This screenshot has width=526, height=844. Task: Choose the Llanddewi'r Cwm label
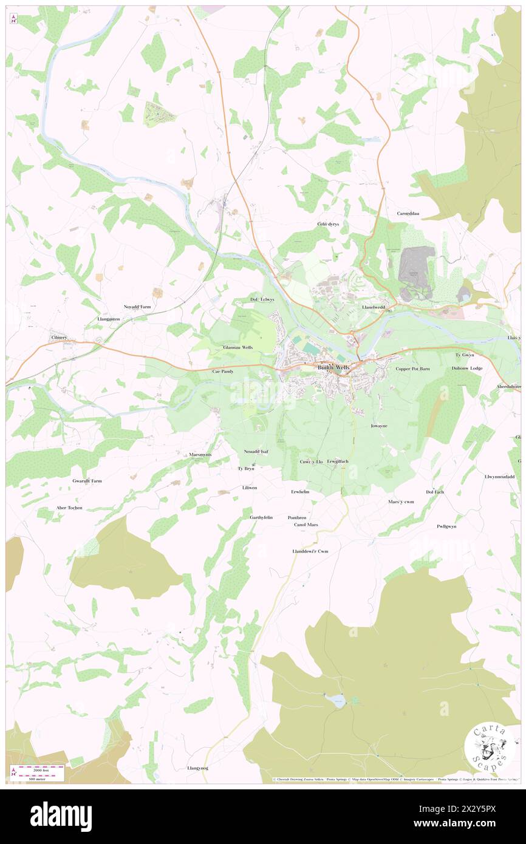pos(310,551)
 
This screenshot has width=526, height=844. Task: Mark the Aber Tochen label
pos(67,507)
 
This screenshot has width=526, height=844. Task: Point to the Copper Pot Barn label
pos(412,369)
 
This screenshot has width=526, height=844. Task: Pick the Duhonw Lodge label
pos(466,368)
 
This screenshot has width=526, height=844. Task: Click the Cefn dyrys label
pos(329,223)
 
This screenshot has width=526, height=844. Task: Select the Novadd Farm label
pos(137,307)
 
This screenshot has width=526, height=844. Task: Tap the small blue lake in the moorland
pos(338,701)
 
